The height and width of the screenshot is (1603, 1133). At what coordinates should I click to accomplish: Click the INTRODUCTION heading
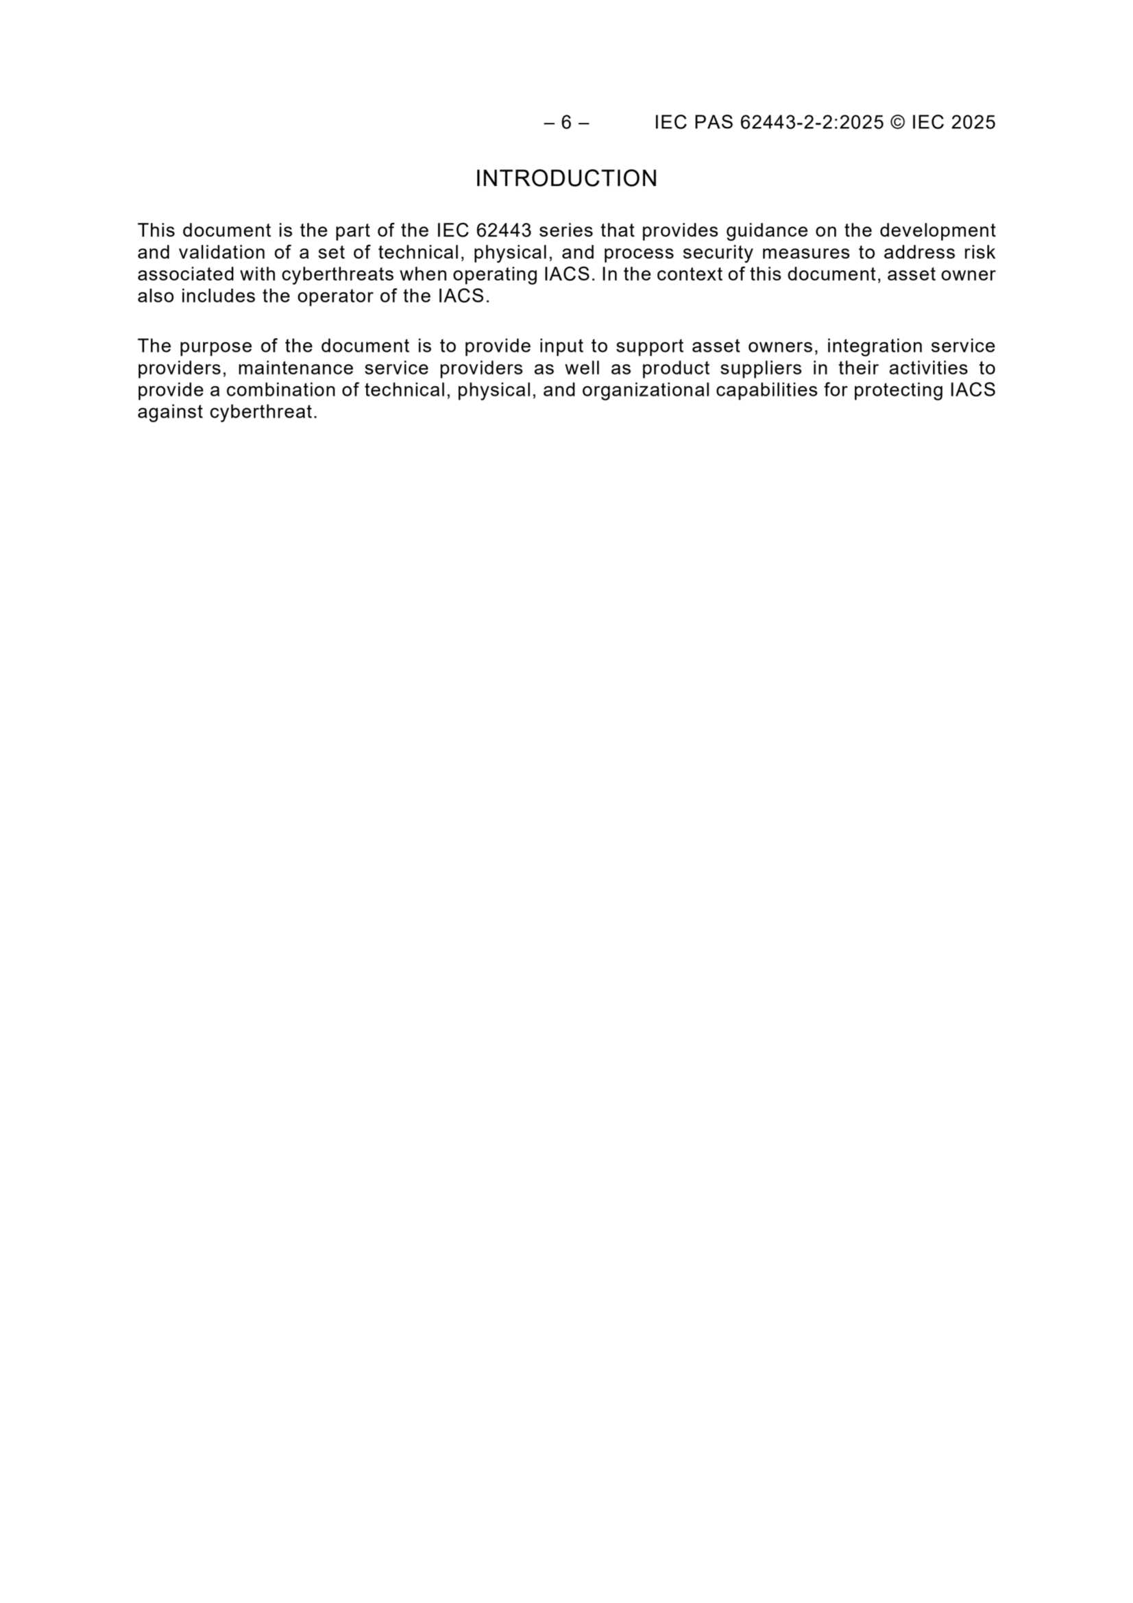tap(566, 179)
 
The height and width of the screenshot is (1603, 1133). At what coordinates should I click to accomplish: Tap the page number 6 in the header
tap(566, 123)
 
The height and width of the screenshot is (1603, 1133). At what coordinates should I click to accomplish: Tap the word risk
tap(979, 252)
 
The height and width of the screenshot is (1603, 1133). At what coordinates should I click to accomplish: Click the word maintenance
tap(296, 368)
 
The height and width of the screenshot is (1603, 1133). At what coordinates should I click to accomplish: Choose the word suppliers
tap(761, 368)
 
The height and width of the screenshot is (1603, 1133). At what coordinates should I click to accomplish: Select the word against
tap(171, 412)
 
